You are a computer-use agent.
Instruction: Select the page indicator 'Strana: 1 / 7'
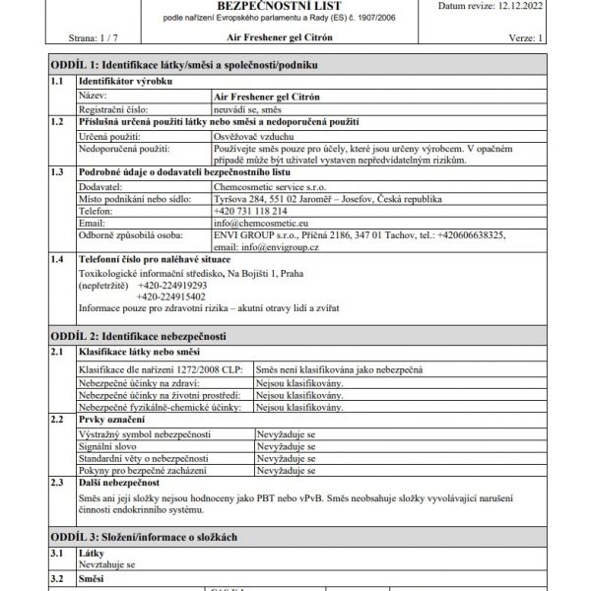(94, 37)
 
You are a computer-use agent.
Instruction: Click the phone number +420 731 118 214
(250, 211)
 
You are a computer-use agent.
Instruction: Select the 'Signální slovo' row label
(108, 446)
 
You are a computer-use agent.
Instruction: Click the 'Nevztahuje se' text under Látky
(106, 566)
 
